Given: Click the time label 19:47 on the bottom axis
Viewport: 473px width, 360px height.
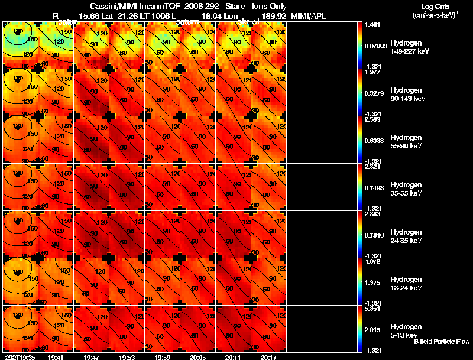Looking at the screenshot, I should (92, 356).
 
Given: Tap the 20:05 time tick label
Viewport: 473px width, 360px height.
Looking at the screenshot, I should (197, 356).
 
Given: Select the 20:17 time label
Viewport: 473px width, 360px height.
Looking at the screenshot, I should (268, 356).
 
